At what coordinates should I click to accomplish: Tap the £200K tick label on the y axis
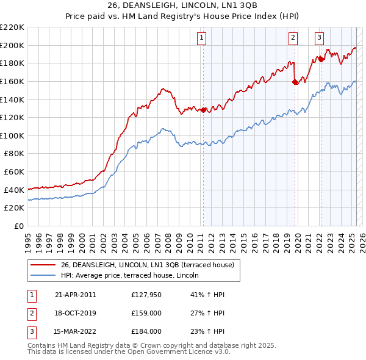(x=12, y=45)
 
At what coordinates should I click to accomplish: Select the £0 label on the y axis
(x=19, y=226)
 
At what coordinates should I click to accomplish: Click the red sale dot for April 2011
(x=204, y=110)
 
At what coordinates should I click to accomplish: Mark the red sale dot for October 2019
(x=295, y=82)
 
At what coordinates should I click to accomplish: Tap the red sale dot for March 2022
(x=321, y=59)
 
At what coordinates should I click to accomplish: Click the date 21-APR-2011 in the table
(x=75, y=295)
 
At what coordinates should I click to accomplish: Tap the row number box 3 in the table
(x=31, y=331)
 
